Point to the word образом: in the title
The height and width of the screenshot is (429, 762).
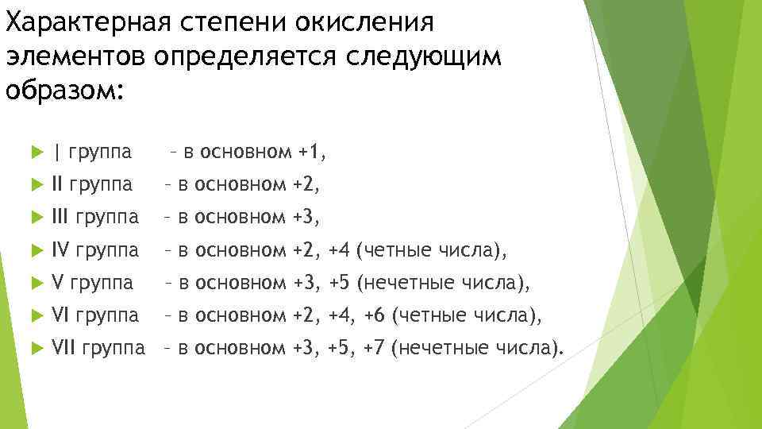64,90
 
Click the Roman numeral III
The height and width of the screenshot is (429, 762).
60,217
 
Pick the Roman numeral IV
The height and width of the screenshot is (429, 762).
60,251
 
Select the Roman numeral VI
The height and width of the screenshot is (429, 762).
59,315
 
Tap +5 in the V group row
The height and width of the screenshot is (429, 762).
340,283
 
